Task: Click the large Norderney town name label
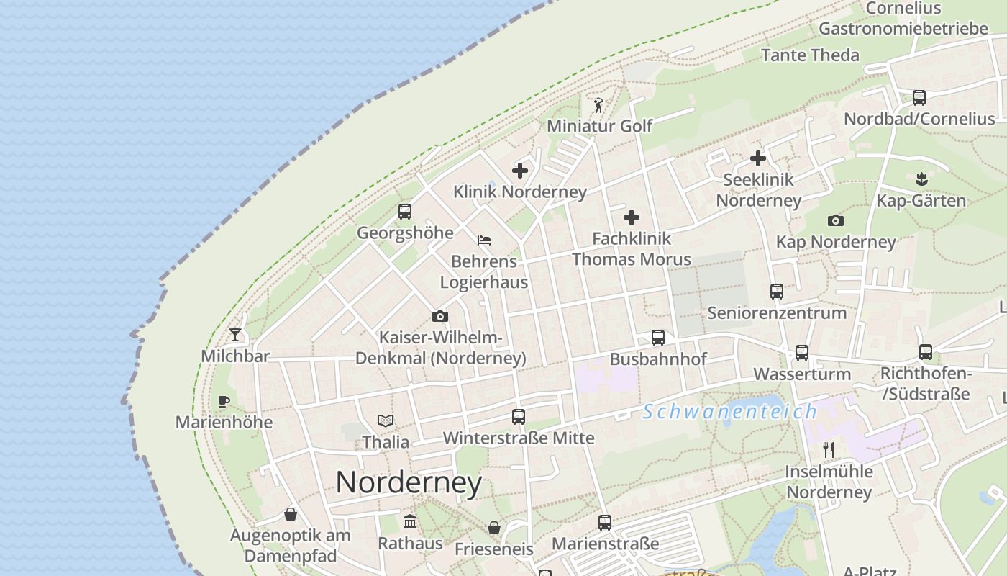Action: coord(409,482)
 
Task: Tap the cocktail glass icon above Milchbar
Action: coord(235,335)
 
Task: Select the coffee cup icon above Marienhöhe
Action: coord(224,401)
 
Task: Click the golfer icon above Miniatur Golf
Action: coord(598,106)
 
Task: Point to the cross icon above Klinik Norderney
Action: coord(520,171)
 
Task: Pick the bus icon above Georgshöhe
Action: coord(405,212)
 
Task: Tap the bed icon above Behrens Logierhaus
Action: coord(484,240)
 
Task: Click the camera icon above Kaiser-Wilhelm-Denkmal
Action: coord(440,316)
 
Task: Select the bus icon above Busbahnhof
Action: coord(658,338)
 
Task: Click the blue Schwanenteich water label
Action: coord(730,412)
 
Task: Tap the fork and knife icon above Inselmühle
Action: coord(829,450)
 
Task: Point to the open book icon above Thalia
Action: coord(386,421)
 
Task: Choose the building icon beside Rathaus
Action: coord(410,521)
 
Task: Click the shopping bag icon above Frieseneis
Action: coord(494,528)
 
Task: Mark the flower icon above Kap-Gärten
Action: coord(921,179)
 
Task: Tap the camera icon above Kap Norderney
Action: coord(836,220)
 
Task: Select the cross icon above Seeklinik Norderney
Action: coord(758,158)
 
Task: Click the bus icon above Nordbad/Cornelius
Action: coord(919,98)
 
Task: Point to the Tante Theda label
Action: coord(810,55)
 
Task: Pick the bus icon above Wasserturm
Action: coord(802,354)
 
